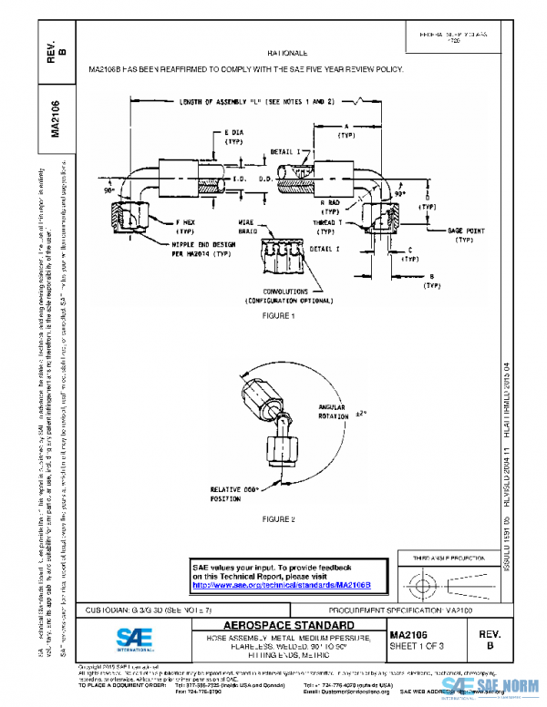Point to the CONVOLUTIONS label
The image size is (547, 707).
point(276,292)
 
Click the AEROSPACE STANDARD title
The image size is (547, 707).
point(277,626)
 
